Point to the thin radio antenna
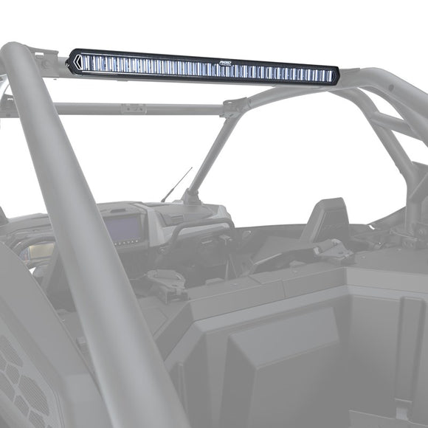[176, 184]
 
